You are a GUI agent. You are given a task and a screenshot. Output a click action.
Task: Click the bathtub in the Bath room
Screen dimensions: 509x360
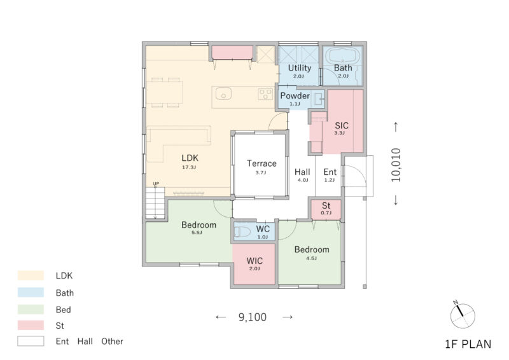click(342, 55)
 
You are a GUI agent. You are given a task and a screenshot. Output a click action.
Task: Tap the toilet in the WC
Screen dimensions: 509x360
click(242, 232)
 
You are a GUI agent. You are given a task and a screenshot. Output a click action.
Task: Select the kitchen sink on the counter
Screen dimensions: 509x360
click(224, 93)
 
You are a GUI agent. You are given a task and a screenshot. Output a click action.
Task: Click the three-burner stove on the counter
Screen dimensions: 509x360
click(265, 94)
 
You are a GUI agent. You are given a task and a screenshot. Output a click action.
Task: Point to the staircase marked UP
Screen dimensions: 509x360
click(155, 203)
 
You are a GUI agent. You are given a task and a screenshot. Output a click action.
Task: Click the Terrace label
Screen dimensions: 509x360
click(261, 163)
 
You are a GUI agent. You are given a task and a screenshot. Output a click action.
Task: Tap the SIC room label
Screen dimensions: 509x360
click(342, 126)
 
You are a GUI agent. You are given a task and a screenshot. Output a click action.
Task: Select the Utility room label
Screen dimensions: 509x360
click(300, 68)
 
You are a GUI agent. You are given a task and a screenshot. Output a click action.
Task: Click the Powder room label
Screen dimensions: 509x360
click(295, 96)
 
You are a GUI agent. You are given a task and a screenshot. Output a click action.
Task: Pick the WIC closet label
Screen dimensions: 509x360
click(254, 261)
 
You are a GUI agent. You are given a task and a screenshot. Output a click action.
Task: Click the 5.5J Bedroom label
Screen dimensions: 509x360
click(199, 225)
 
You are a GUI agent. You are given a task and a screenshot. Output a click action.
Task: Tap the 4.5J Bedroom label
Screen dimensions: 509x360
click(312, 249)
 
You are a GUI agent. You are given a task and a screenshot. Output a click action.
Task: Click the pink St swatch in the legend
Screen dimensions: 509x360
click(31, 325)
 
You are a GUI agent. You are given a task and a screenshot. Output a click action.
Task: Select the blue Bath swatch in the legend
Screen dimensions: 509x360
click(31, 292)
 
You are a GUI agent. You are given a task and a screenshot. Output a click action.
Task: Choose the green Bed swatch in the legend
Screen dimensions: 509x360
click(31, 309)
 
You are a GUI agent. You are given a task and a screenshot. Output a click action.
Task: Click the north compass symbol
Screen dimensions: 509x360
click(463, 315)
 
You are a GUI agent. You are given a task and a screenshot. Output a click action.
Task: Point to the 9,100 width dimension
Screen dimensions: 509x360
click(253, 317)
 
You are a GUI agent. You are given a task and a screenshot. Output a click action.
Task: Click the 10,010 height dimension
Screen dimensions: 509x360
click(396, 165)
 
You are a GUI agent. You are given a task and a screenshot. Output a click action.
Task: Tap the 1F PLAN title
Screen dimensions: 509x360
click(468, 344)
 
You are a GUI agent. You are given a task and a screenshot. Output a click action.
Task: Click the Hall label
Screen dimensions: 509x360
click(302, 172)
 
